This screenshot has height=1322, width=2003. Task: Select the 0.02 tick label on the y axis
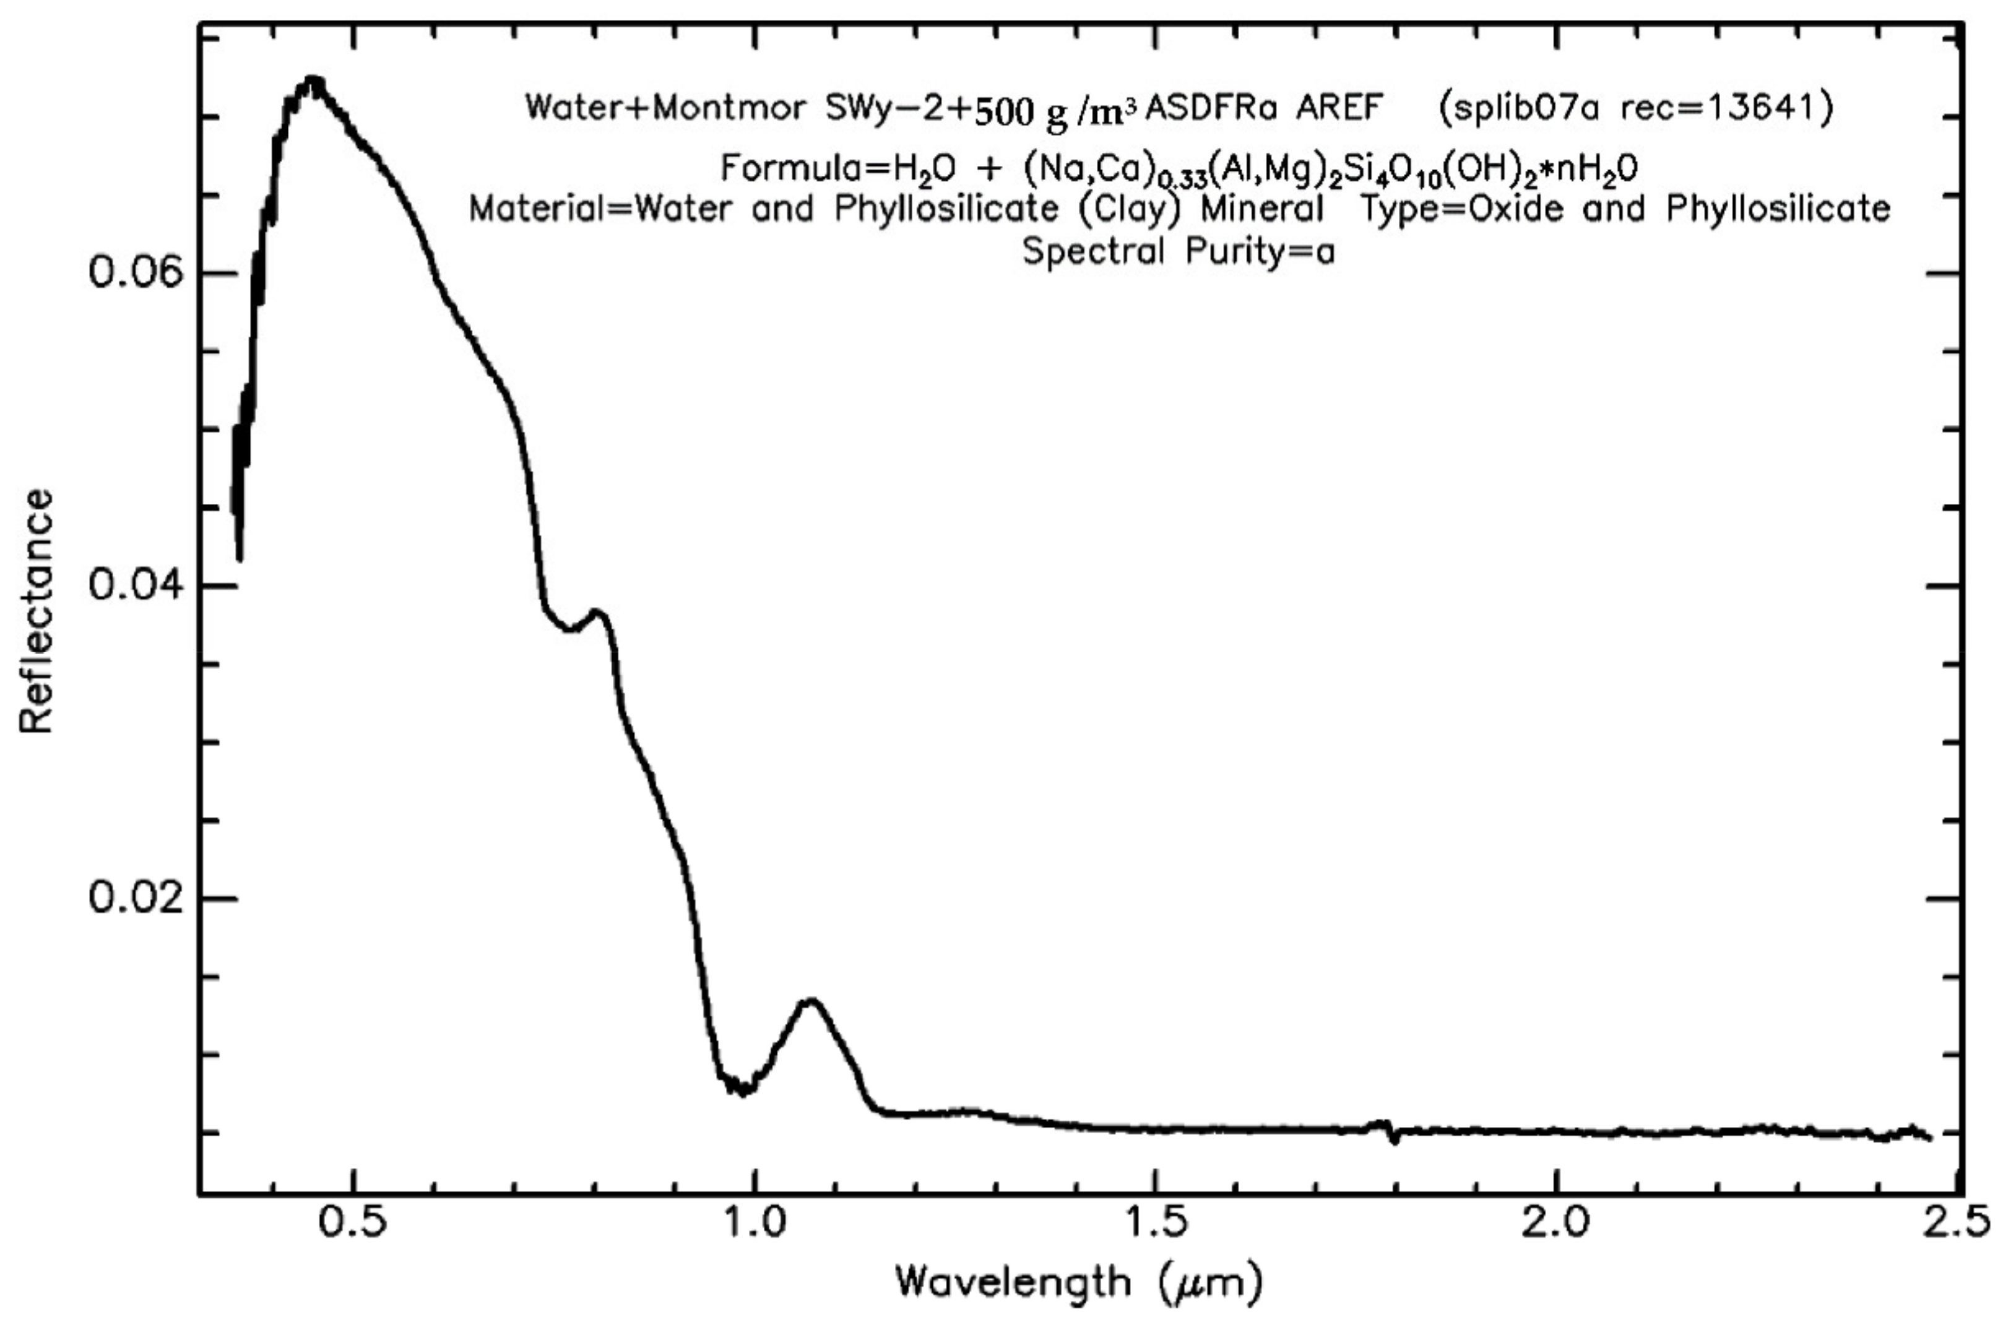tap(136, 898)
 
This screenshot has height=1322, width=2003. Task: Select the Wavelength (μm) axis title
tap(1079, 1282)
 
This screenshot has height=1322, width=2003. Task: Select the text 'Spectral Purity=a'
tap(1178, 251)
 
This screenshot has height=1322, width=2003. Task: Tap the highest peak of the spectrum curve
tap(314, 82)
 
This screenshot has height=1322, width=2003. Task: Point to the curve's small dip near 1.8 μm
tap(1395, 1140)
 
